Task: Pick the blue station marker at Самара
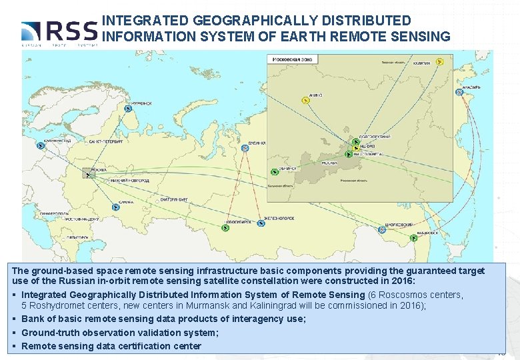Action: click(116, 207)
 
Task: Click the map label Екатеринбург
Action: click(175, 199)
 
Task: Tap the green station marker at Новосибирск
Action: click(225, 228)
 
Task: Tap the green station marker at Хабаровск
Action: click(415, 238)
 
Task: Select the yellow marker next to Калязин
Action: click(440, 62)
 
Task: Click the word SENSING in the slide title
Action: click(421, 36)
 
